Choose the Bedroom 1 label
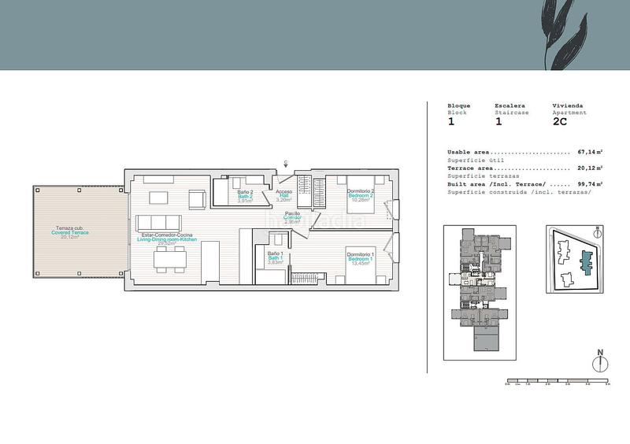coord(359,257)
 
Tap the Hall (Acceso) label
coord(284,195)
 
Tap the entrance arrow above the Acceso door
coord(284,164)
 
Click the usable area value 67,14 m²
coord(590,151)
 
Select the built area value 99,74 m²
coord(590,183)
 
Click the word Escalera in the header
coord(511,105)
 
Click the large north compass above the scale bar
coord(600,361)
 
